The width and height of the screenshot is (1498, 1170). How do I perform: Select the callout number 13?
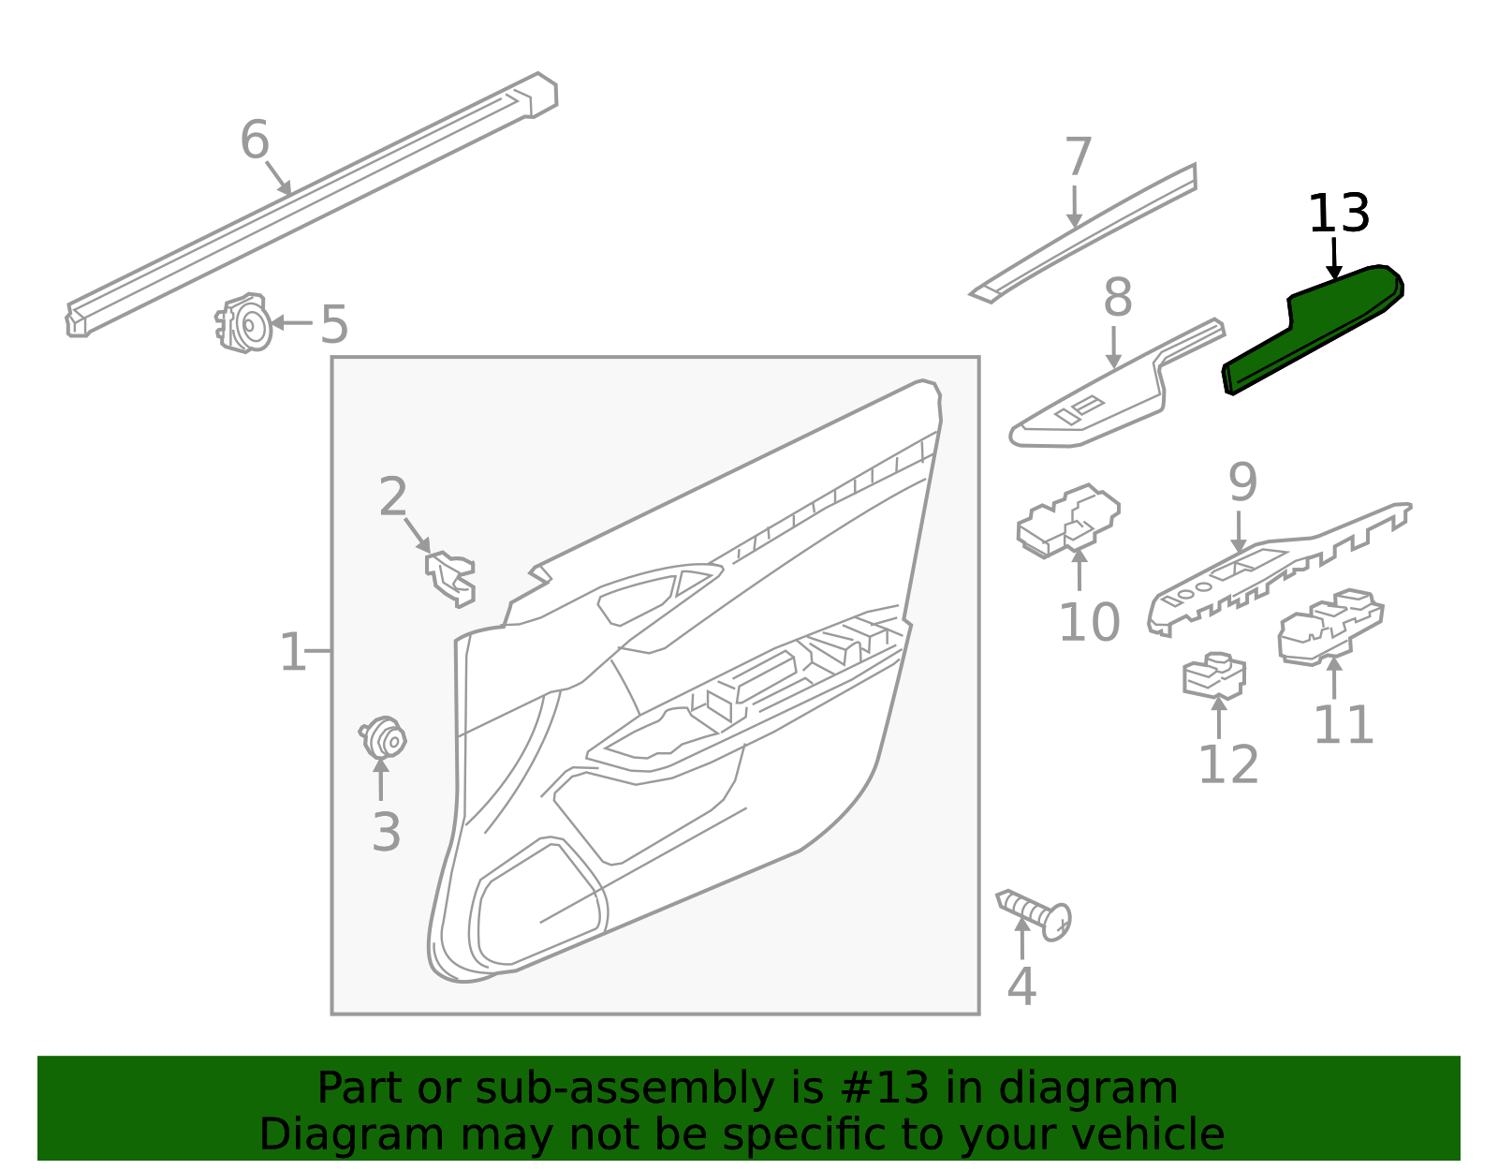pos(1338,215)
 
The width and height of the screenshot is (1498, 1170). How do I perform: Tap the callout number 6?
pos(255,141)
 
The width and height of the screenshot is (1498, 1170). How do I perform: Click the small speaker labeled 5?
pos(245,324)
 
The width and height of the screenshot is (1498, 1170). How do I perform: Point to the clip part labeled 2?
pos(452,576)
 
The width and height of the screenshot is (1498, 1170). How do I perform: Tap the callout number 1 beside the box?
pos(292,652)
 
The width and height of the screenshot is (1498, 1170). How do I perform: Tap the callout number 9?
pos(1242,483)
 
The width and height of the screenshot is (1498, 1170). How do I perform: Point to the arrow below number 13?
pos(1334,259)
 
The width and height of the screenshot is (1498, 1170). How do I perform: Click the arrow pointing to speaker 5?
pos(291,323)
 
